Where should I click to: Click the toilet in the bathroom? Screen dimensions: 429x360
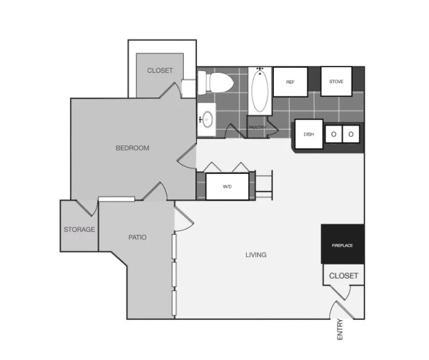coord(215,82)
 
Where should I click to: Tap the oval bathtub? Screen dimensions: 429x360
coord(259,91)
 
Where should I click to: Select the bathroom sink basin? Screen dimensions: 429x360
coord(207,120)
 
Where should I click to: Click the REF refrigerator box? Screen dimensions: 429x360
coord(290,82)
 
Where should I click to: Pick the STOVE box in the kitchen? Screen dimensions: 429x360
coord(336,81)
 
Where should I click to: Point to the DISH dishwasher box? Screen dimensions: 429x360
coord(309,134)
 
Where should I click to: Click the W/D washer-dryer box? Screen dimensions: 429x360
coord(227,187)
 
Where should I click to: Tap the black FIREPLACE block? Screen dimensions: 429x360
coord(343,244)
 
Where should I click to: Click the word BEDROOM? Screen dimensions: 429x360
coord(132,148)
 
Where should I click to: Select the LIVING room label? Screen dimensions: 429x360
coord(256,255)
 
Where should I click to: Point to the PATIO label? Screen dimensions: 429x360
coord(137,238)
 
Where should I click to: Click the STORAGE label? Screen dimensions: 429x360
coord(80,230)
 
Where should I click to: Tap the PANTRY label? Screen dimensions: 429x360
coord(257,128)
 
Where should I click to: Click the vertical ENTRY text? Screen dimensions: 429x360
coord(340,330)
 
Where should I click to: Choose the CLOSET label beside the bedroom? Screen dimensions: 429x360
coord(160,70)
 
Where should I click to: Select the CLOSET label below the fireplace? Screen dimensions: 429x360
coord(344,276)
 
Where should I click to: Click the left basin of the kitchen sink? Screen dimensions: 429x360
coord(333,134)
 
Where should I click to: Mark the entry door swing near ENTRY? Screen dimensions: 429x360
coord(341,310)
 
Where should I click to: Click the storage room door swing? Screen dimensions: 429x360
coord(88,208)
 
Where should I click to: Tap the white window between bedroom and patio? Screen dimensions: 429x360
coord(116,199)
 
